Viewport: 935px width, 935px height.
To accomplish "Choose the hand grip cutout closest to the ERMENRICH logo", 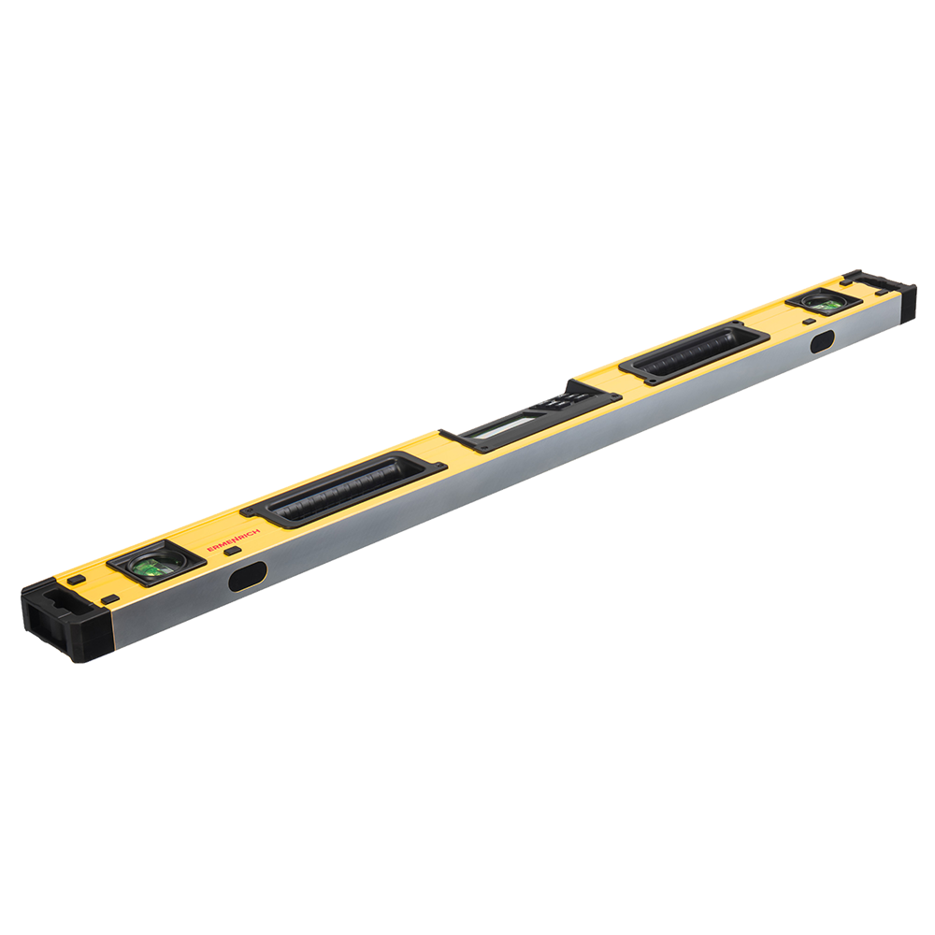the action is [x=343, y=490].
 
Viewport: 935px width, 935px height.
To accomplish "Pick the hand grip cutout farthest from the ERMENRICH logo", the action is [x=694, y=352].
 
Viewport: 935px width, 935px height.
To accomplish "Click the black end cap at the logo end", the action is [x=65, y=620].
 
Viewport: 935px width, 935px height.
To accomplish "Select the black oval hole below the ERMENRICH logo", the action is [x=248, y=575].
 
